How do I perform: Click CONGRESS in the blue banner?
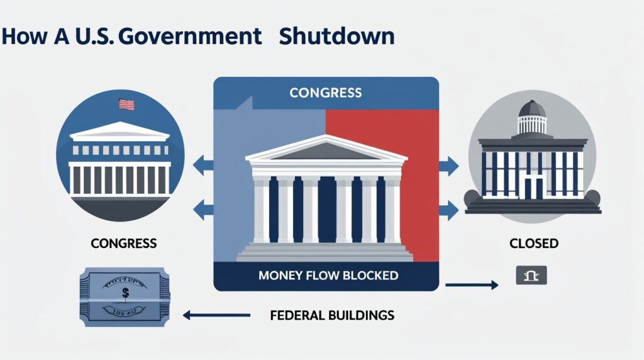tap(325, 93)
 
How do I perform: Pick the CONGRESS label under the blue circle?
tap(124, 242)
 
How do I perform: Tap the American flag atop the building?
tap(126, 104)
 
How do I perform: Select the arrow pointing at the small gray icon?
tap(471, 286)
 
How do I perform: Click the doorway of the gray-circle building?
tap(533, 186)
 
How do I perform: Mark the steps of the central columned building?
tap(325, 252)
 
